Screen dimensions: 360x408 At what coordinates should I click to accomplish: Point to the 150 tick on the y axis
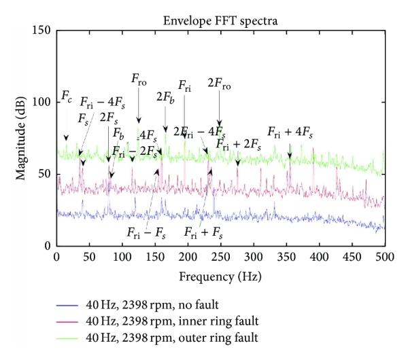point(43,31)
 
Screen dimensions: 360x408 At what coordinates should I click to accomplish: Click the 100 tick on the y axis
point(43,103)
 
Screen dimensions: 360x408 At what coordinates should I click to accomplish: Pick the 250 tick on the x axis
point(220,258)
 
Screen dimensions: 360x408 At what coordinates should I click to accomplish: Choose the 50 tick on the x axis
point(89,258)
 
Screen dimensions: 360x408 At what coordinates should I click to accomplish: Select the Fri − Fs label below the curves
point(146,232)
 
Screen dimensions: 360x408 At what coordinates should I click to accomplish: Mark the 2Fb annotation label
point(165,98)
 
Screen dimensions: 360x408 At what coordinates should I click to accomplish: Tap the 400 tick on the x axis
point(318,258)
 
